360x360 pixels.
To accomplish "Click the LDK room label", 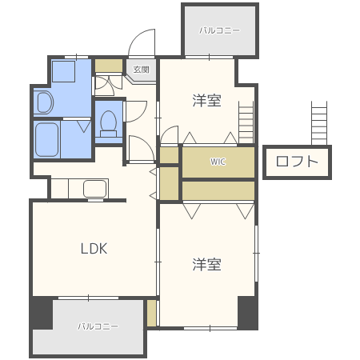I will coord(94,248).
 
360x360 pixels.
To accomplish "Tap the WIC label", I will coord(218,162).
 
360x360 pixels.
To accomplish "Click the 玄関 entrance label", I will coord(142,69).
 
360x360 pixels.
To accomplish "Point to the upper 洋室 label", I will coord(206,101).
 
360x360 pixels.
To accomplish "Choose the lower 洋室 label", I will coord(206,264).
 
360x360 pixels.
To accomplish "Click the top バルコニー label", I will coord(219,30).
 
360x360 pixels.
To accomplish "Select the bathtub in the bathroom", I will coord(47,140).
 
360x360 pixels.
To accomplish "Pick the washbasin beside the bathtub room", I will coord(44,102).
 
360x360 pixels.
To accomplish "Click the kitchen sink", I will coord(95,189).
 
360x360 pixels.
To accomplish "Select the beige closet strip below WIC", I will coord(218,190).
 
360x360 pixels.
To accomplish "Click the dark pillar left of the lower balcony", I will coord(42,313).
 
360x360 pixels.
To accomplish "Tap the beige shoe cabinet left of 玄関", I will coord(109,66).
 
